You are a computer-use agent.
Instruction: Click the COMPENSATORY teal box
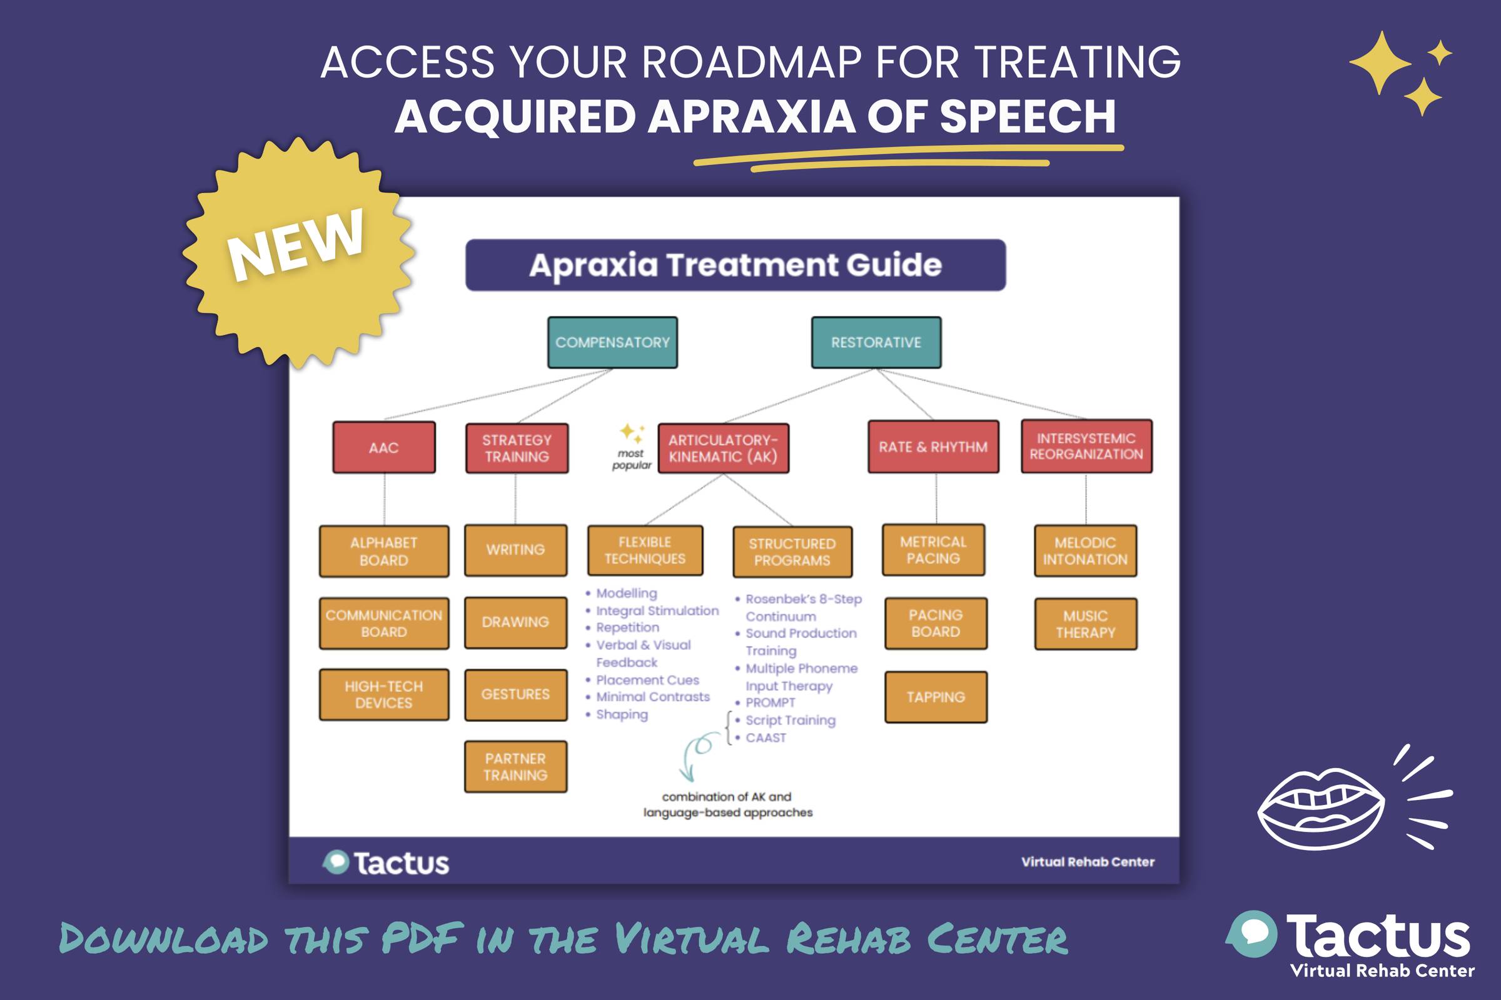point(612,342)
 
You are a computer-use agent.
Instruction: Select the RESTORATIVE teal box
point(876,342)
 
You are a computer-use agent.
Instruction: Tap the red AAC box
point(383,447)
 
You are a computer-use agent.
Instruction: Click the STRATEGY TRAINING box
point(517,448)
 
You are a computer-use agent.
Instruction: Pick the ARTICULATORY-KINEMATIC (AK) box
point(723,448)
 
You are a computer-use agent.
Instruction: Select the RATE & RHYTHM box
point(933,447)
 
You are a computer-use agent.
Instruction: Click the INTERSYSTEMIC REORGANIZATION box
point(1086,446)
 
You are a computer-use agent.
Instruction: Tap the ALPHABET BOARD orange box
point(383,552)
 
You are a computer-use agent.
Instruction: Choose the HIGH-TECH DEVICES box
point(383,694)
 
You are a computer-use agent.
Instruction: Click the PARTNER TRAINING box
point(515,767)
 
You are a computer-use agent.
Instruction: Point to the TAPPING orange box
point(936,697)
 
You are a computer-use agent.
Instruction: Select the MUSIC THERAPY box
point(1085,624)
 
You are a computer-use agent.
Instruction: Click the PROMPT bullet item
point(771,702)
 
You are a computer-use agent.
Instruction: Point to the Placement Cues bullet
point(647,680)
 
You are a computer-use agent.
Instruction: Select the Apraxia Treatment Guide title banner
point(735,265)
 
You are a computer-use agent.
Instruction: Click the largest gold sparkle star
point(1380,62)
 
